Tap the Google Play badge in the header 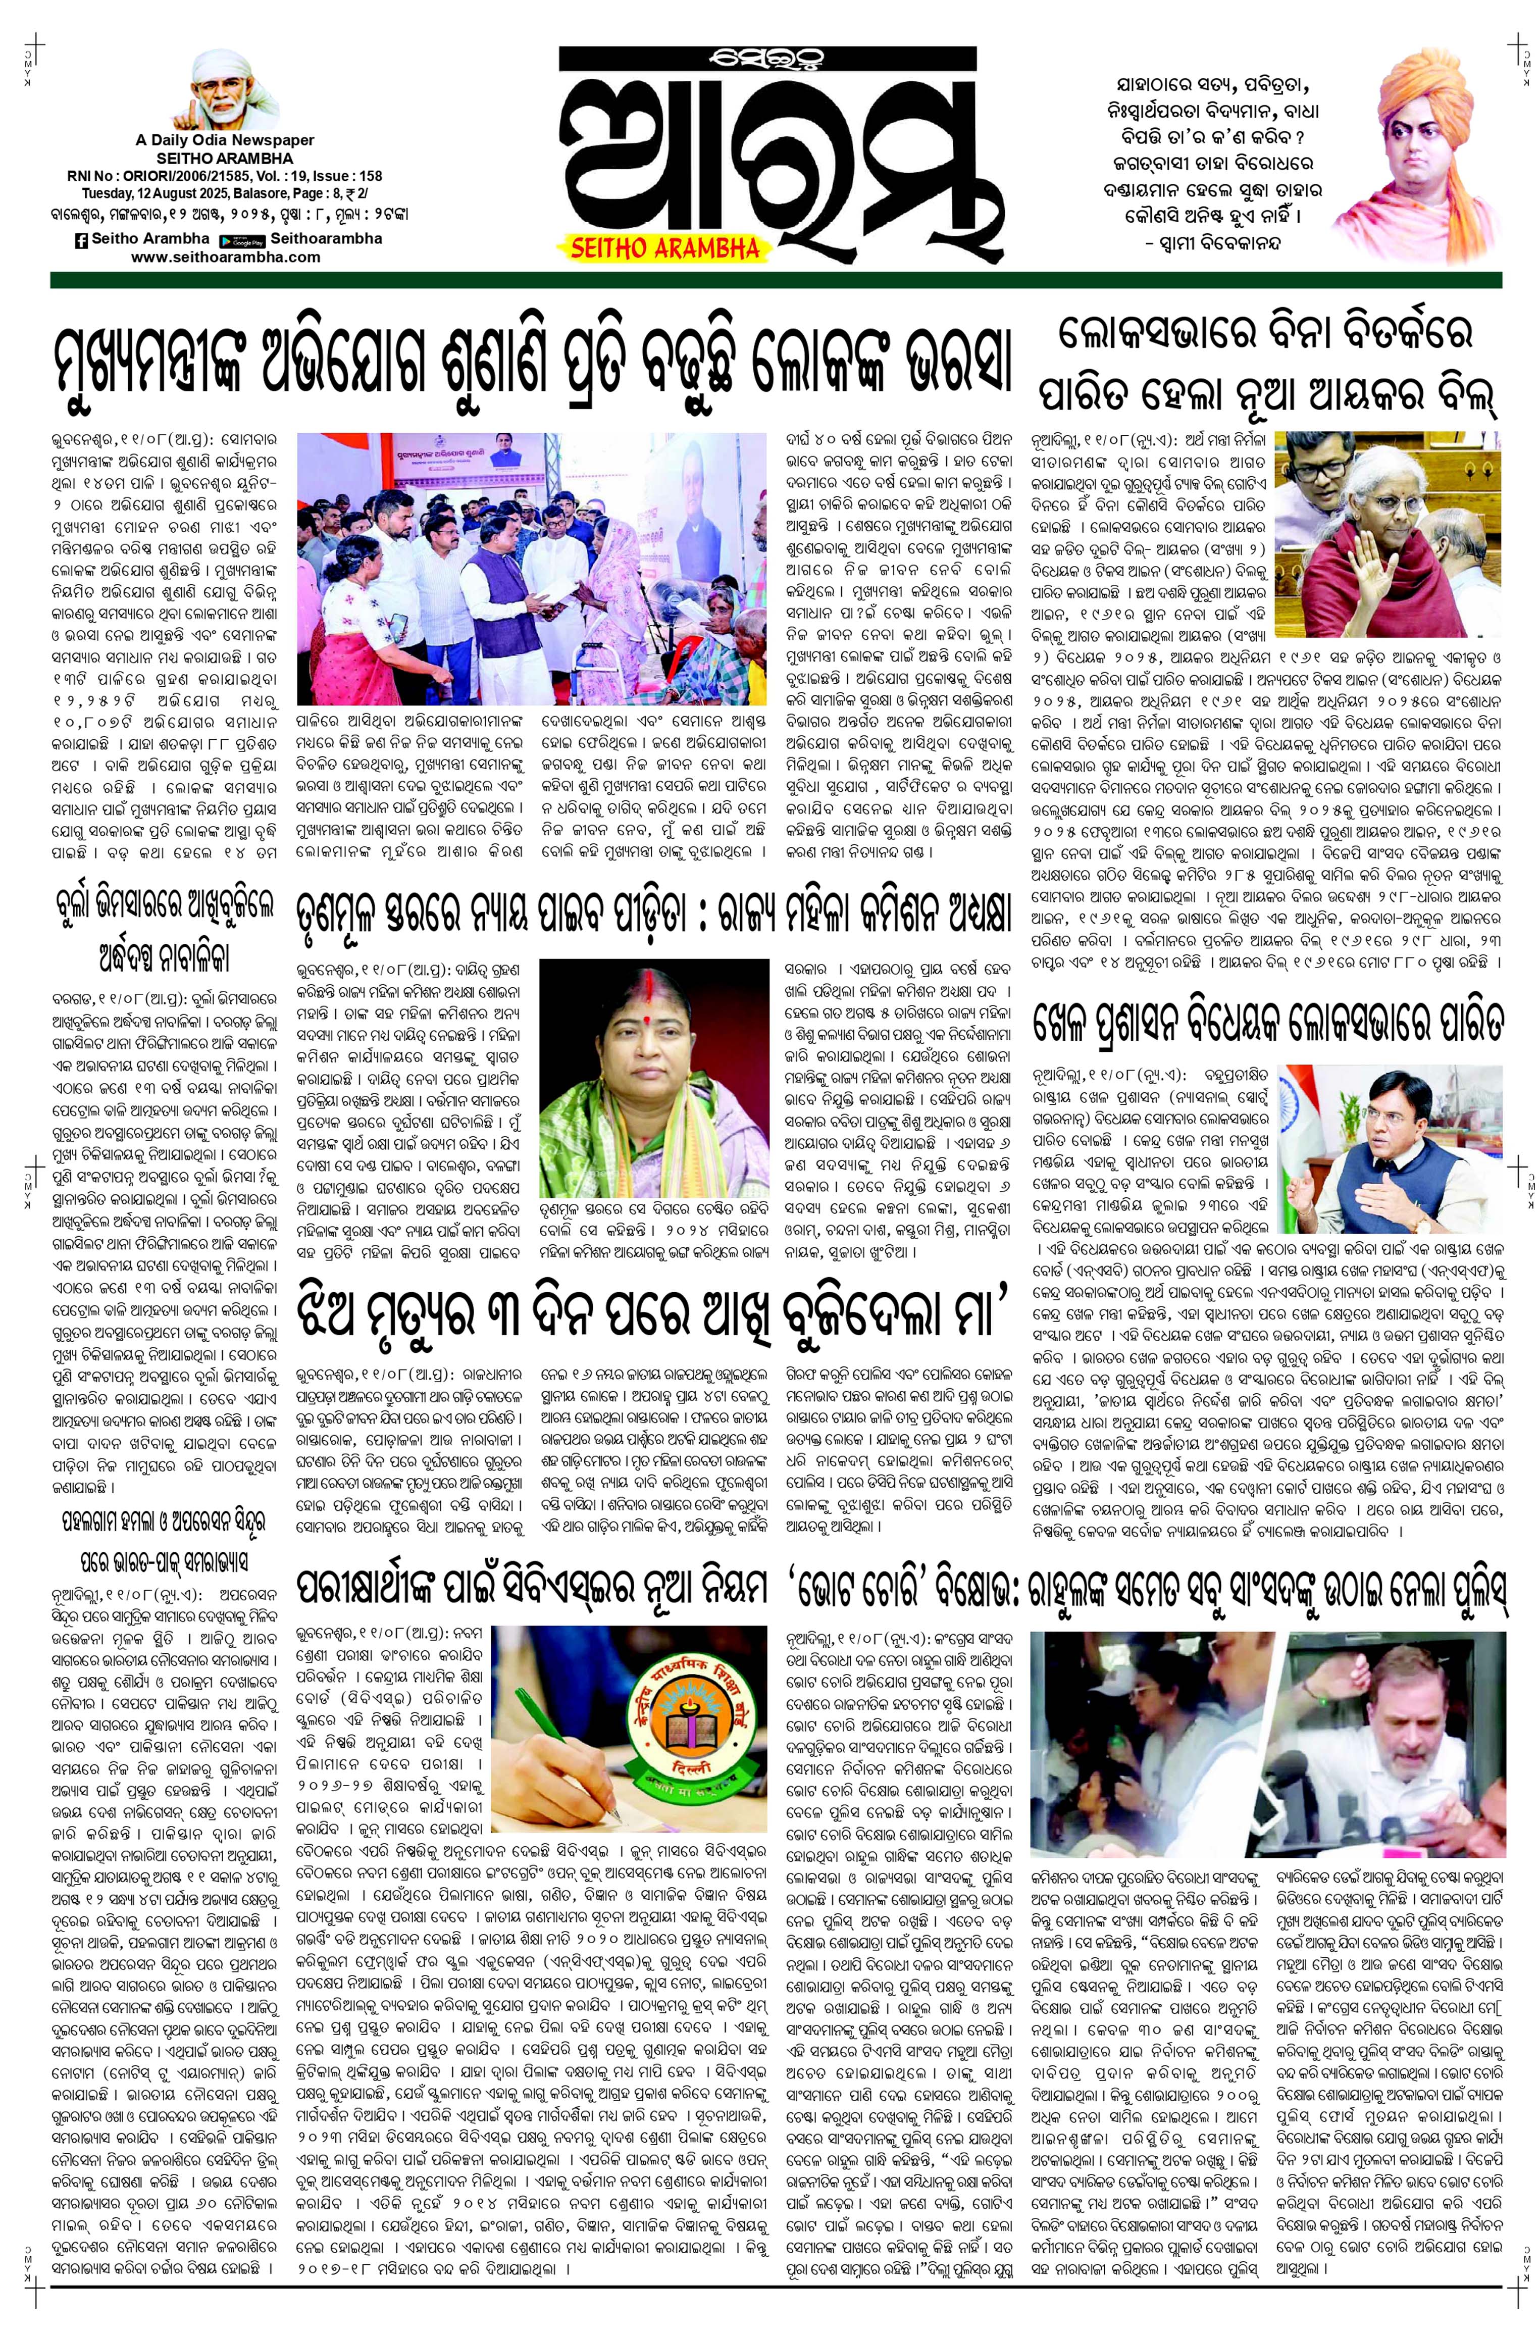[x=242, y=240]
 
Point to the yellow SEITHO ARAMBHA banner [x=665, y=247]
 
